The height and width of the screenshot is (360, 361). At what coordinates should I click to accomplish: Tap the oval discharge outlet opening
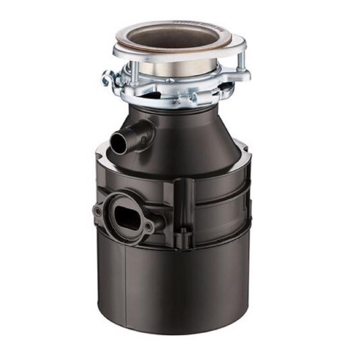click(126, 213)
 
